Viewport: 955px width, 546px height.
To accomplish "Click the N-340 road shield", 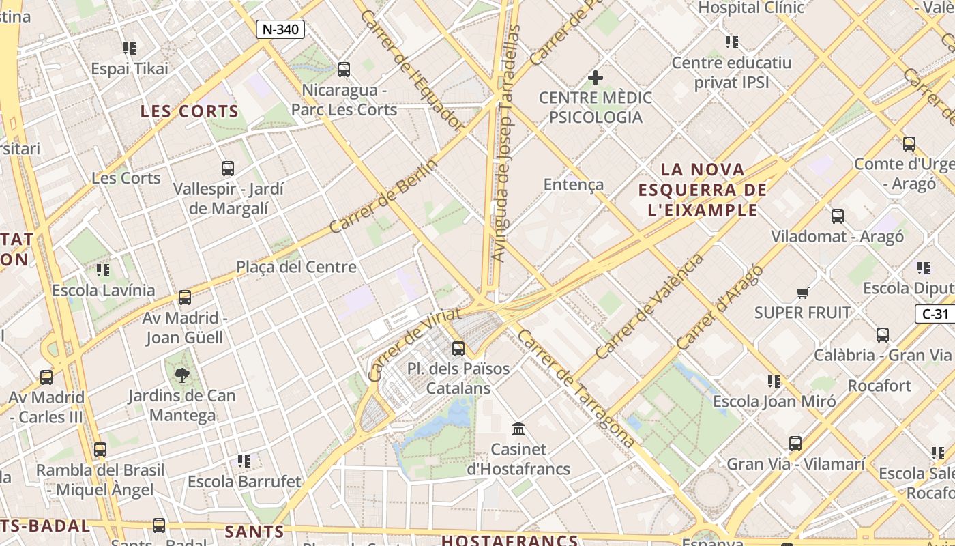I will click(280, 29).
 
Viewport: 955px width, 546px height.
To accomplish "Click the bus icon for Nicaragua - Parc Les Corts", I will click(344, 69).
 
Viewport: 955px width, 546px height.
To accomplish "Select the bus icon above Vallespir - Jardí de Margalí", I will click(228, 168).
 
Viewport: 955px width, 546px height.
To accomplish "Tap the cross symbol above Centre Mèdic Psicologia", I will click(596, 78).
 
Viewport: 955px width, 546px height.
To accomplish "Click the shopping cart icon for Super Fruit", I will click(802, 293).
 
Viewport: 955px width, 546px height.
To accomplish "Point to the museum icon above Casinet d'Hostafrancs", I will click(518, 429).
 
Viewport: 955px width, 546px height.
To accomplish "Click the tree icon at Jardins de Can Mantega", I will click(182, 375).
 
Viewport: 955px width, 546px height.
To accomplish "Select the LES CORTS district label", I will click(190, 111).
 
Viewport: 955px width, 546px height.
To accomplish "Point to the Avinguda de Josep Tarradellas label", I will click(505, 143).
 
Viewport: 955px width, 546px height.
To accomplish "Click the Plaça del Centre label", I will click(296, 267).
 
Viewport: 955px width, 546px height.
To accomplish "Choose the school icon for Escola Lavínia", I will click(103, 270).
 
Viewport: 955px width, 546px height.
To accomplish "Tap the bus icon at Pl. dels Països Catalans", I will click(458, 349).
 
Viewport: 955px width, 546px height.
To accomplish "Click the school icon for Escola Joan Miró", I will click(774, 381).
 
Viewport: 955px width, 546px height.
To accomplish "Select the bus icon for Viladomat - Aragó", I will click(838, 216).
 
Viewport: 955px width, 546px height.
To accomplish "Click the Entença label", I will click(574, 184).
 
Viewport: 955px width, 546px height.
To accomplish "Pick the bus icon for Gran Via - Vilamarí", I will click(795, 444).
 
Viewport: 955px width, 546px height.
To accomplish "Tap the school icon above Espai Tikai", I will click(130, 48).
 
